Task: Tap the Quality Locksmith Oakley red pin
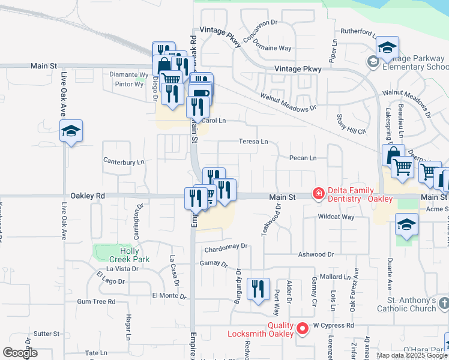tap(303, 328)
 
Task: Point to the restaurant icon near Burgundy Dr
tap(258, 289)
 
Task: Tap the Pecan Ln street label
tap(303, 158)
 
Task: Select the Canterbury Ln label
tap(124, 161)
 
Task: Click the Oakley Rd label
tap(88, 196)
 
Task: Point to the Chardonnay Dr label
tap(226, 246)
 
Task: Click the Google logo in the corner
tap(20, 353)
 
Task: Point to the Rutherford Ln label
tap(359, 31)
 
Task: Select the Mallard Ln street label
tap(335, 277)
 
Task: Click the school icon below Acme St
tap(406, 226)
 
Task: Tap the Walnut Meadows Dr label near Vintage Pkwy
tap(288, 102)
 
